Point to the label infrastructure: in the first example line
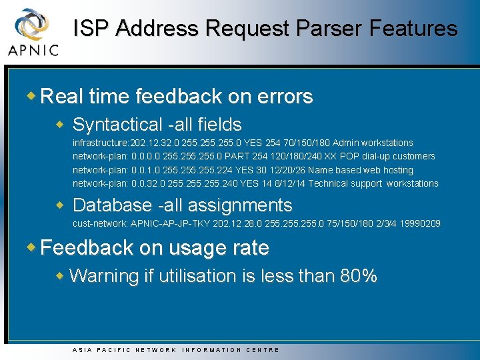tap(101, 143)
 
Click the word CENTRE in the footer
tap(263, 349)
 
